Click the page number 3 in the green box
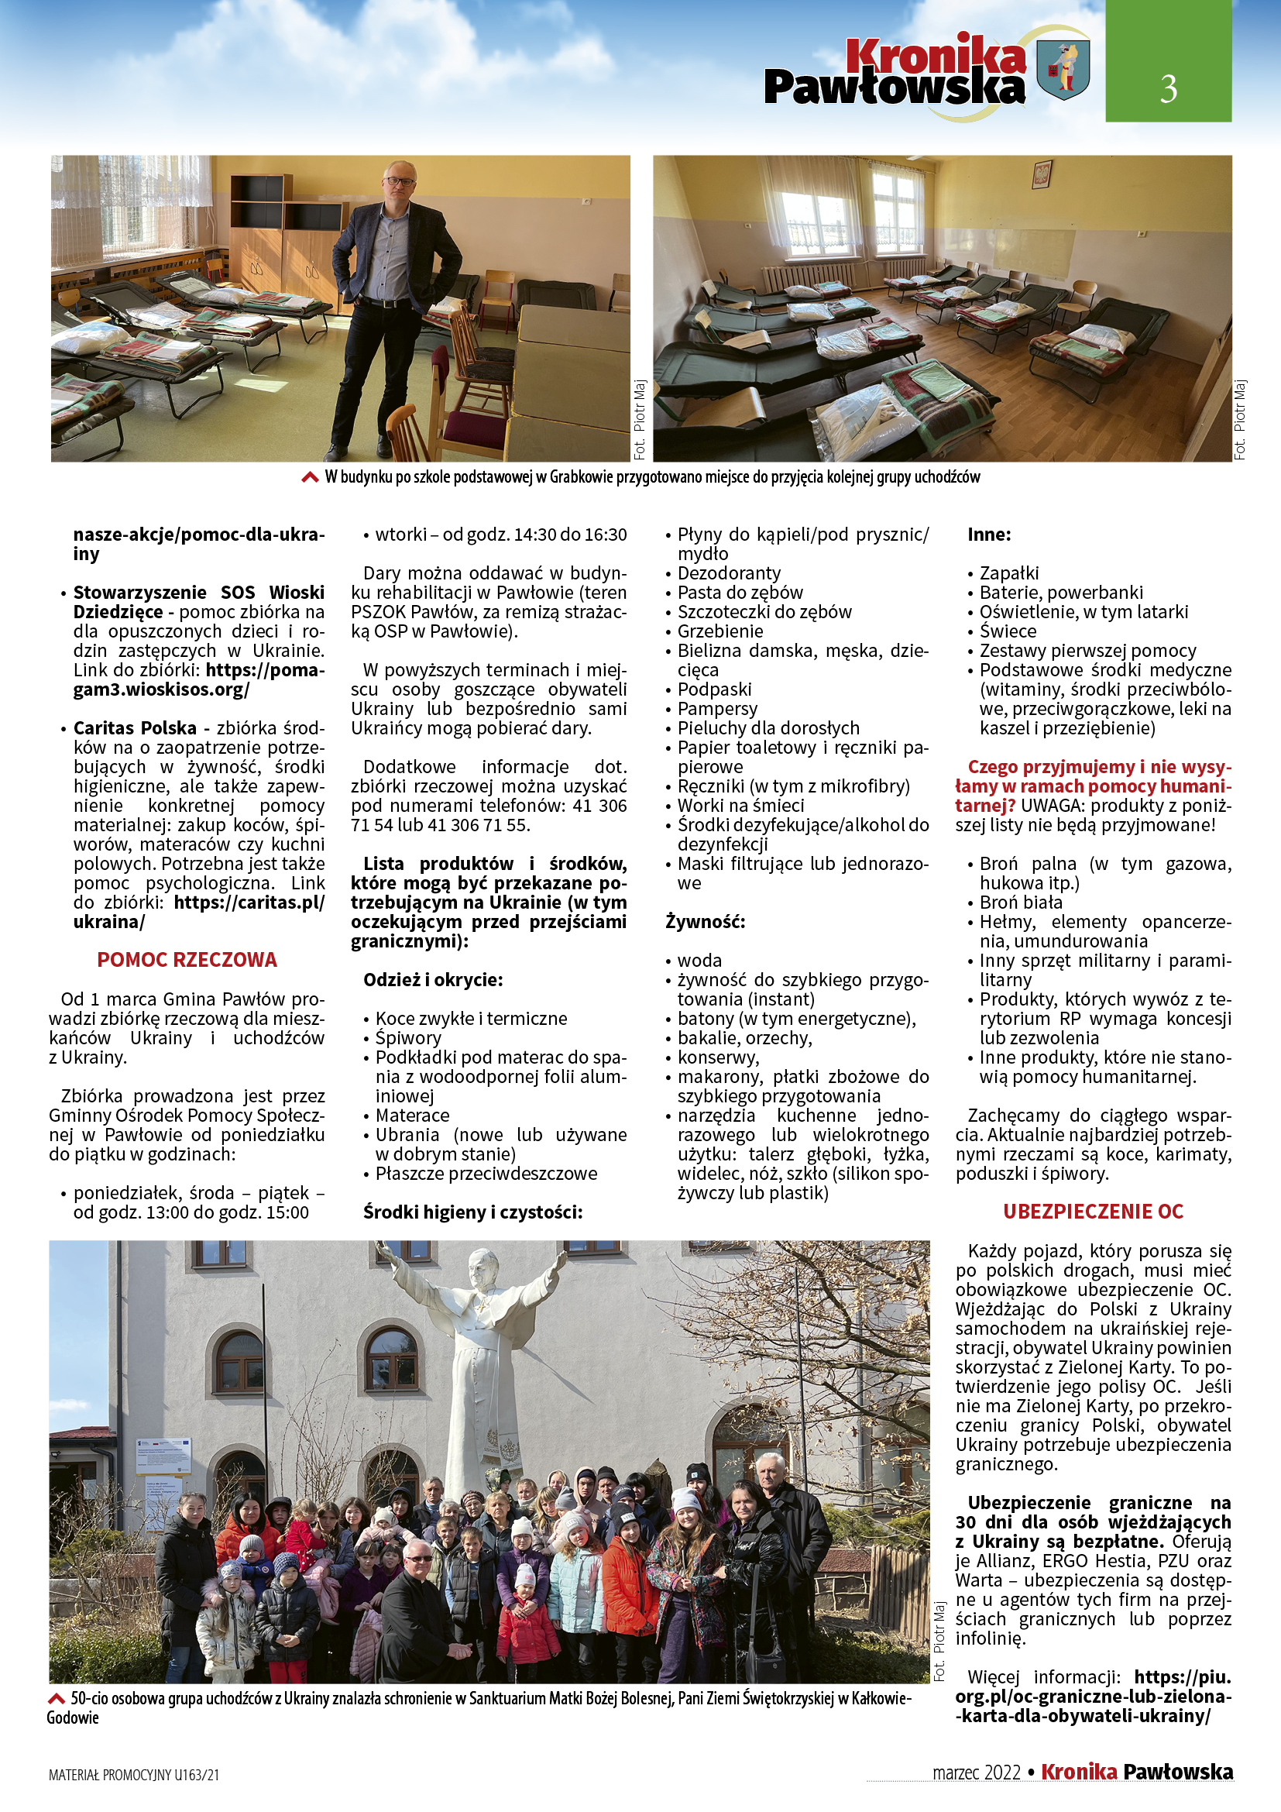(1168, 88)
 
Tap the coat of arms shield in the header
(1063, 70)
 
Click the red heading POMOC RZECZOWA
(187, 960)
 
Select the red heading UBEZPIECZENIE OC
(1094, 1212)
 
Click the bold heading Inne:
(989, 535)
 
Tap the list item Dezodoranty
(729, 573)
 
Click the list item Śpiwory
(408, 1038)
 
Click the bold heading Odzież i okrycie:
(433, 979)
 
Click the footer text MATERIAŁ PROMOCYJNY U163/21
(134, 1775)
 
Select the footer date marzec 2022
(976, 1773)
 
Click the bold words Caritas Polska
(135, 727)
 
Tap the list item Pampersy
(717, 709)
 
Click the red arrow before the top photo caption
(311, 477)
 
